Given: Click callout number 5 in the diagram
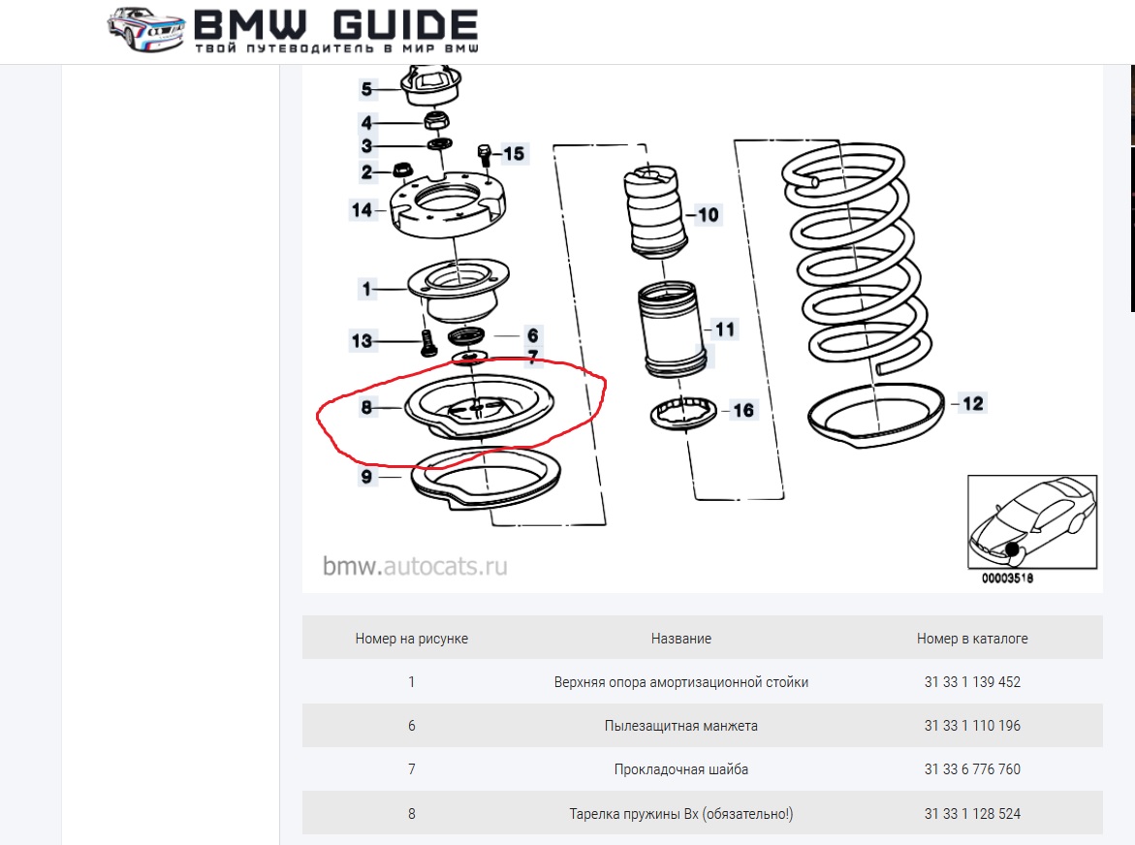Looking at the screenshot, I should [366, 90].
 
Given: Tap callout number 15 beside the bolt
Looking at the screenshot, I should [513, 153].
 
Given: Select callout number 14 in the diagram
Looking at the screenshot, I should [362, 209].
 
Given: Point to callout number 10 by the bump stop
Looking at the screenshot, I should [709, 214].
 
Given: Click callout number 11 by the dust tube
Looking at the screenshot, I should [724, 329].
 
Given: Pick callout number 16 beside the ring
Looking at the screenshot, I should [742, 411].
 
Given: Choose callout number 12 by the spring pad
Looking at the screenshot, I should [972, 403].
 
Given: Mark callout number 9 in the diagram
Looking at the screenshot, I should [366, 477].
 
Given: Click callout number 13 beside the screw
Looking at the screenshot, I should [362, 341].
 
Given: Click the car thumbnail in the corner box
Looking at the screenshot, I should [1031, 523].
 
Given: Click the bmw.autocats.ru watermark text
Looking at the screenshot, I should [415, 566].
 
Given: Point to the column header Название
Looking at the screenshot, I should [680, 639].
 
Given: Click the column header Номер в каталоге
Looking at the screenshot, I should [972, 639].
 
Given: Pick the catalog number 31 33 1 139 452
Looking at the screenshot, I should [972, 682].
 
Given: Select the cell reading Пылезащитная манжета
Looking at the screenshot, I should [680, 726].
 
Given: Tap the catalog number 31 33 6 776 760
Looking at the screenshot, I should [972, 769].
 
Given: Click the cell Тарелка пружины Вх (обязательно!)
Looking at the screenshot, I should [680, 814].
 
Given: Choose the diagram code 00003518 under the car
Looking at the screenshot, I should [1007, 579].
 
